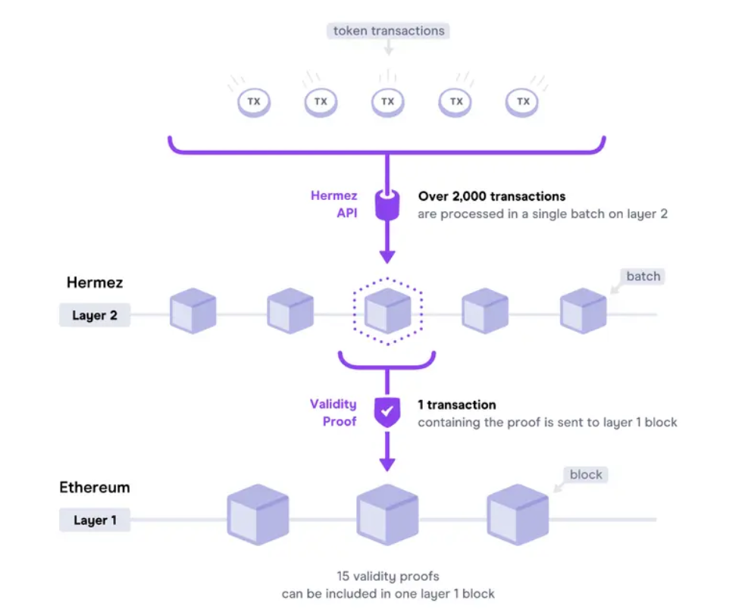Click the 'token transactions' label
point(388,31)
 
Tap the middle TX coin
point(387,102)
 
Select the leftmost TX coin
point(254,102)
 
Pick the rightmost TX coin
point(522,102)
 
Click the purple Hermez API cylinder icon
point(387,205)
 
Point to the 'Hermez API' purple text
point(334,205)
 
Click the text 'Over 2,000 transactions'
point(492,196)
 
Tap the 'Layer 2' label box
point(95,315)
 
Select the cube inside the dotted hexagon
point(388,311)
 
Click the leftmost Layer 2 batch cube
point(193,311)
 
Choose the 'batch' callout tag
point(643,276)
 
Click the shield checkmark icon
point(387,412)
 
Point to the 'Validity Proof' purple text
point(333,413)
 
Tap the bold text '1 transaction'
point(457,404)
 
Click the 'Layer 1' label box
point(95,520)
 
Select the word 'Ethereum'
point(95,488)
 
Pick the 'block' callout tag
point(586,475)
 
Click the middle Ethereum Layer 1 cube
point(387,514)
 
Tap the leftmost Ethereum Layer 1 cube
point(258,514)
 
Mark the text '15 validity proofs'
point(388,576)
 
